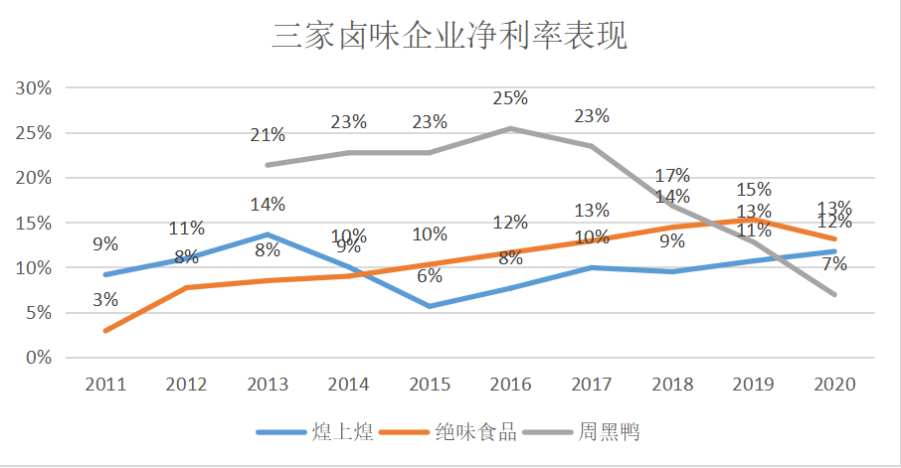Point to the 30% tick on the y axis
(34, 87)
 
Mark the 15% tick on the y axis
(34, 223)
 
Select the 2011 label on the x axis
(105, 385)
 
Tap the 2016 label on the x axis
(511, 385)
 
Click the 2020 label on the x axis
(835, 385)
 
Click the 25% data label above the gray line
(511, 98)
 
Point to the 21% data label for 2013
(268, 135)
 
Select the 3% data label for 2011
(105, 299)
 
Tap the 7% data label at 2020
(835, 264)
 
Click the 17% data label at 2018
(673, 177)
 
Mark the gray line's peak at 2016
(511, 128)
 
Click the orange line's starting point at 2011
(105, 330)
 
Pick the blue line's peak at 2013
(268, 234)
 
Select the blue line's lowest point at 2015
(430, 306)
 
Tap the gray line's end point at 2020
(835, 294)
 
